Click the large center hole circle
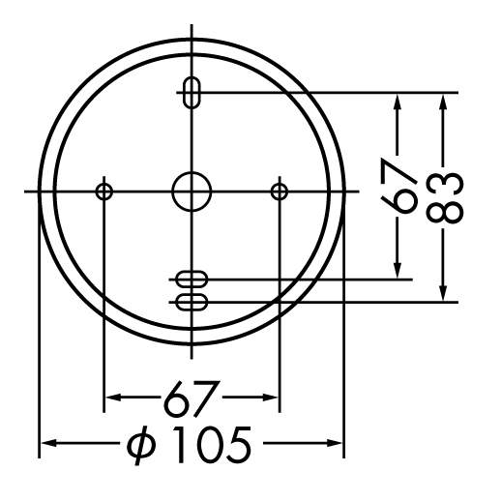192,173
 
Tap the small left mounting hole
103,184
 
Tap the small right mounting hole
280,184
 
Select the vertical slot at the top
185,93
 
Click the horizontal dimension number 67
192,398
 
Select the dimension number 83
445,198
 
